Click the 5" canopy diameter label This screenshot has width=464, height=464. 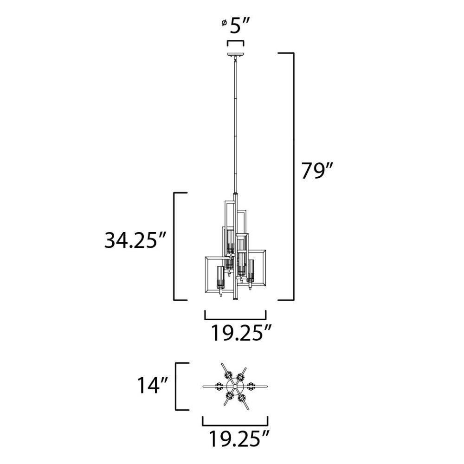tap(237, 26)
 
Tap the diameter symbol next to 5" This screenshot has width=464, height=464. tap(224, 23)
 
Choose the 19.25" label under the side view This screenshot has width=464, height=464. tap(241, 333)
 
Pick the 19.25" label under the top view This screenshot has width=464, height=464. tap(239, 438)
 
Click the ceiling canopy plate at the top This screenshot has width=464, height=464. tap(236, 55)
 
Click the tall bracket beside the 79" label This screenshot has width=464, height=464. tap(294, 177)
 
